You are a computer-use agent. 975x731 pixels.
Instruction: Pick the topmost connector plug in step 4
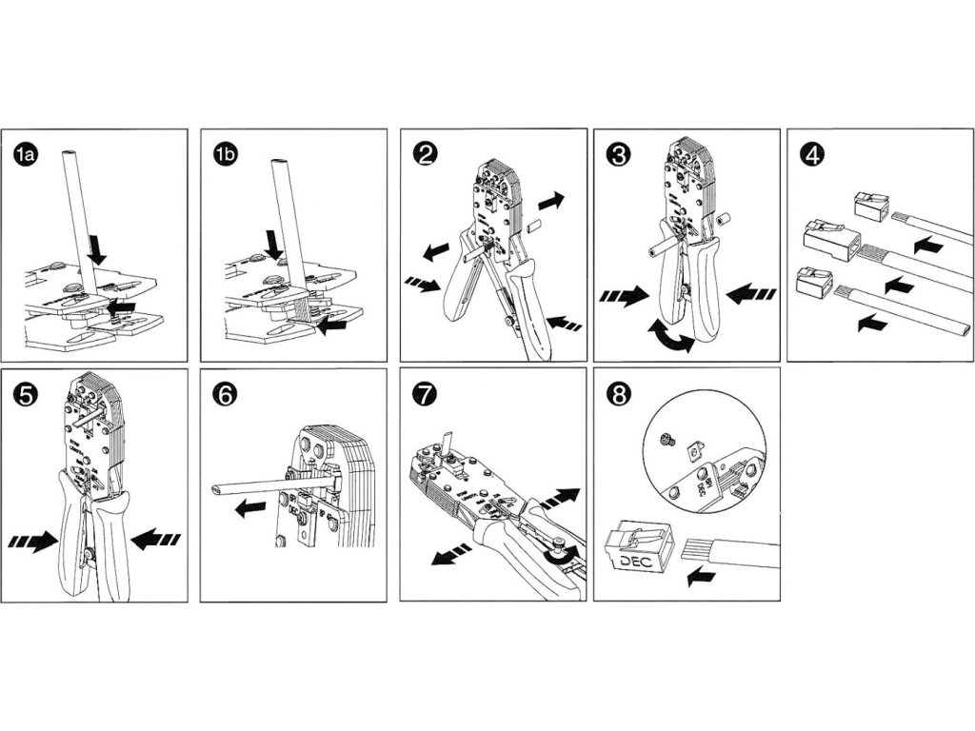869,204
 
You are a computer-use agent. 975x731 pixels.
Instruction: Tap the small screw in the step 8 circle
668,438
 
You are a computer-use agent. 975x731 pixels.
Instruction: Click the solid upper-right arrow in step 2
550,201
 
